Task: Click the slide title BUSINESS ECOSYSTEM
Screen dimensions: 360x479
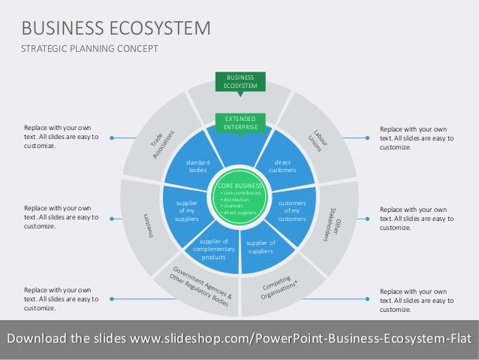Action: (116, 29)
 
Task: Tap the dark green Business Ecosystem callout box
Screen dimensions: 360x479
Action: (239, 82)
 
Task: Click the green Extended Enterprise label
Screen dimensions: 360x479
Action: (239, 123)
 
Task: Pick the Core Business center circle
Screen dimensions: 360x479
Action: (239, 198)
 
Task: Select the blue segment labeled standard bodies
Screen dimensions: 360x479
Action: (197, 166)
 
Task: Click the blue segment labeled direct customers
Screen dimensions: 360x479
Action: (282, 166)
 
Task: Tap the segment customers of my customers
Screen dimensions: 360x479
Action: (291, 211)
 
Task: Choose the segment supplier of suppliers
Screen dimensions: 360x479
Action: (261, 247)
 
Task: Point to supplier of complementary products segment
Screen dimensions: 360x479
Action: (213, 248)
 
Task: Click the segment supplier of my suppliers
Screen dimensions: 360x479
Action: (186, 211)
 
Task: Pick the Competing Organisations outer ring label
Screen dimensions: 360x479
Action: (286, 286)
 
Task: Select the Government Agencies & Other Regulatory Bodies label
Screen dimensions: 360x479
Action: (200, 285)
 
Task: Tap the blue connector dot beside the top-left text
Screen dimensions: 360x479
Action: (110, 138)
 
